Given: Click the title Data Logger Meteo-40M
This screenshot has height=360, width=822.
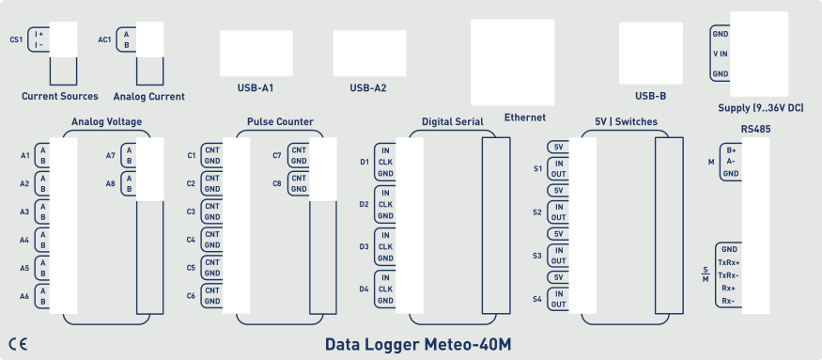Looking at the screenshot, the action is click(417, 344).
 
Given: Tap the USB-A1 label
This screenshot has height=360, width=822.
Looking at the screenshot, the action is click(255, 88).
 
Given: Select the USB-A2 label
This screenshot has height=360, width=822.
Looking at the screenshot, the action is click(368, 88).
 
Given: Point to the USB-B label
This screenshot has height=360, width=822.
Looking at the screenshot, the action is click(650, 96).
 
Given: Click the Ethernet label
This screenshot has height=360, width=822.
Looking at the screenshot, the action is click(525, 117).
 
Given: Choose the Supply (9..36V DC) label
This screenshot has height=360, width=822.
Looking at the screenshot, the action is click(759, 109).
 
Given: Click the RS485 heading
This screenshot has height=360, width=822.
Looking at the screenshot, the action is click(755, 128).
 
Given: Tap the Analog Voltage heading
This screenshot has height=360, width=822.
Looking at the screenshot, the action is click(106, 121).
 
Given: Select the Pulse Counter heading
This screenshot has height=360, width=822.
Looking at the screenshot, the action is click(280, 121).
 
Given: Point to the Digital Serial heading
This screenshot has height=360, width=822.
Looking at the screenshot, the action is click(452, 121).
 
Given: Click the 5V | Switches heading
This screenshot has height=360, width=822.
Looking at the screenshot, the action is click(626, 121).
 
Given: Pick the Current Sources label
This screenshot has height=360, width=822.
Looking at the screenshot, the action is click(59, 96).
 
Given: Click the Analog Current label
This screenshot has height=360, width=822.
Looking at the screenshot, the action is click(148, 96).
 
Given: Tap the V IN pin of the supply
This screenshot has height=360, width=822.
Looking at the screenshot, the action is click(721, 54).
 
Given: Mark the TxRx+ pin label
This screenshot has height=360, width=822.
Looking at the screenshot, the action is click(728, 262).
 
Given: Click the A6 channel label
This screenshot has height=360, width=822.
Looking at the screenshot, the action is click(24, 296).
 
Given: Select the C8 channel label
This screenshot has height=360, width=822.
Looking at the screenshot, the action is click(276, 183).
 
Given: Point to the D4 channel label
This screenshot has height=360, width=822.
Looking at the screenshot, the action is click(364, 289).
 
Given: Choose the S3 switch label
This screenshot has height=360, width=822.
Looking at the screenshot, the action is click(537, 256).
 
